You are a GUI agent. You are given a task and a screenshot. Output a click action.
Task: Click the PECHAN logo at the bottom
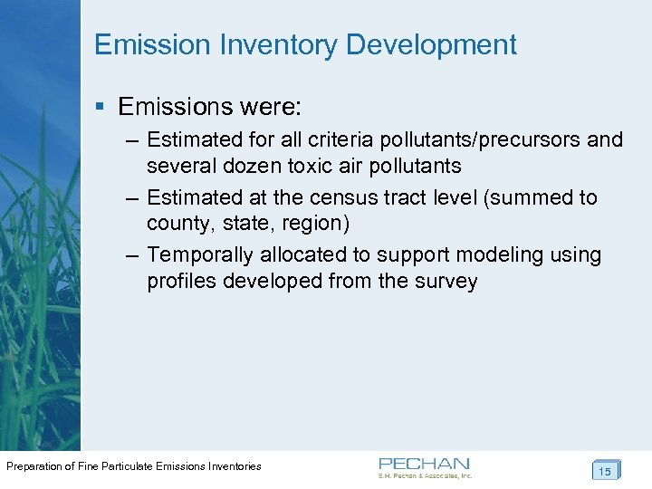click(x=425, y=465)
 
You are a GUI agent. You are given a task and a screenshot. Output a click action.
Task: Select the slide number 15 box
click(x=605, y=470)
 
